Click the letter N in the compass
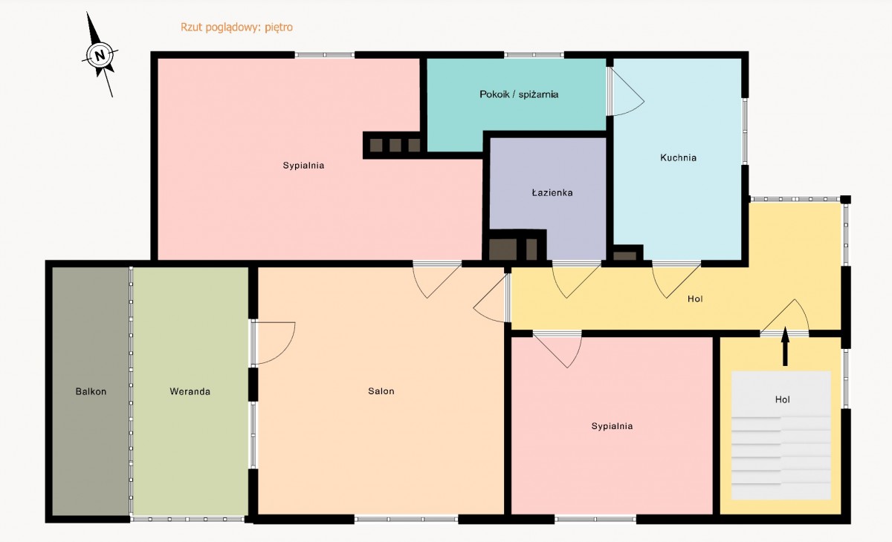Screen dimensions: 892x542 pyautogui.click(x=100, y=55)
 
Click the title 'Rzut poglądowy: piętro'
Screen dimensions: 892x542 pyautogui.click(x=236, y=27)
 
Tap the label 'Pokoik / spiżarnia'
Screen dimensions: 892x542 pyautogui.click(x=519, y=94)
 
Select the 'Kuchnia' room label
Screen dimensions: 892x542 pyautogui.click(x=678, y=158)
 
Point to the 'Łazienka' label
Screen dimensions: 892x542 pyautogui.click(x=552, y=193)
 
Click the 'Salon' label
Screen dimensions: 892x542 pyautogui.click(x=381, y=391)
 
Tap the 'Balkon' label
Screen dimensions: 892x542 pyautogui.click(x=91, y=392)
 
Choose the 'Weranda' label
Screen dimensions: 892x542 pyautogui.click(x=190, y=392)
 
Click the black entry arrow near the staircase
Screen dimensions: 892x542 pyautogui.click(x=785, y=346)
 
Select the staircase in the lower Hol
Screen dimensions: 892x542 pyautogui.click(x=781, y=435)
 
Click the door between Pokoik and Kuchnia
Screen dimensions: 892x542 pyautogui.click(x=625, y=91)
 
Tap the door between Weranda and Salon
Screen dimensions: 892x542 pyautogui.click(x=274, y=343)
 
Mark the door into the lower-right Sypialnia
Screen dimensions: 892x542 pyautogui.click(x=557, y=350)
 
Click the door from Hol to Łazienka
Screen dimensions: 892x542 pyautogui.click(x=576, y=281)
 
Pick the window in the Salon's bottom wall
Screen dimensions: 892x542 pyautogui.click(x=406, y=519)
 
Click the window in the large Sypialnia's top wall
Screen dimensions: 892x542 pyautogui.click(x=325, y=55)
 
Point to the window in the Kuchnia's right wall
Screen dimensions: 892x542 pyautogui.click(x=745, y=131)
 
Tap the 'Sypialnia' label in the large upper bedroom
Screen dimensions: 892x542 pyautogui.click(x=303, y=166)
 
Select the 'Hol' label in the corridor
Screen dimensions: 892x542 pyautogui.click(x=695, y=299)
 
